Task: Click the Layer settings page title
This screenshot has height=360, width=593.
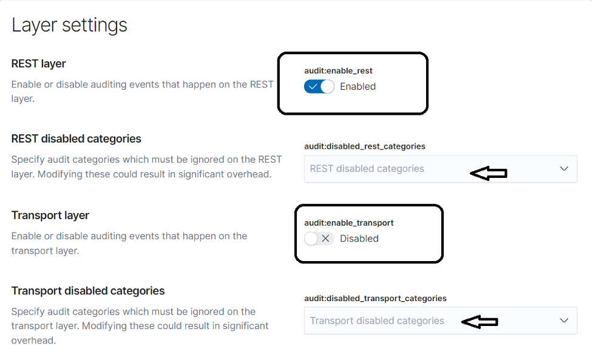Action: [x=69, y=25]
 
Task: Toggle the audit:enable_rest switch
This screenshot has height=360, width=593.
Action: [x=319, y=87]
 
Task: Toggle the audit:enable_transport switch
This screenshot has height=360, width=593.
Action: [x=319, y=239]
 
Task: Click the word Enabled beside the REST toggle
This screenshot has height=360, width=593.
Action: [x=357, y=87]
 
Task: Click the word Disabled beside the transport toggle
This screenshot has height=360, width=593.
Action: [x=359, y=239]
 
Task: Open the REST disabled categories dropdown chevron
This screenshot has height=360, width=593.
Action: [x=564, y=169]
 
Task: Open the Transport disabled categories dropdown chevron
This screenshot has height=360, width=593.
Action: [x=564, y=321]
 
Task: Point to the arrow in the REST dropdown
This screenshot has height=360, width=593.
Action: [x=488, y=173]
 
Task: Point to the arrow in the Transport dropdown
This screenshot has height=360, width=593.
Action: [x=479, y=322]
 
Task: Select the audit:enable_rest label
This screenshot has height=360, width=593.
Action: [x=338, y=70]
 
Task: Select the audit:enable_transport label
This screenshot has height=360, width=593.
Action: [x=348, y=223]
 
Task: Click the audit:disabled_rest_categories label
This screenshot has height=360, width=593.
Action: [x=365, y=146]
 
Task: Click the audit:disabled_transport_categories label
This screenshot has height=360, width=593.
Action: [x=375, y=298]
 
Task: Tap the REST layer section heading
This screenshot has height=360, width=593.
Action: [x=39, y=64]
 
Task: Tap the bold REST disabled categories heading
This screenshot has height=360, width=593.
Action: [x=76, y=139]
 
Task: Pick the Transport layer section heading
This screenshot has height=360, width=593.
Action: [x=50, y=215]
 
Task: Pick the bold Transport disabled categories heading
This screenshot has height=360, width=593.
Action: [x=88, y=291]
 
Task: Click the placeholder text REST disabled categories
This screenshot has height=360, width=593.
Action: [x=367, y=169]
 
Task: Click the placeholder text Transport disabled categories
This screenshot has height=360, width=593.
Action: [x=377, y=321]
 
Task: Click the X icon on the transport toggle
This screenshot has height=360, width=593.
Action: [x=325, y=239]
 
